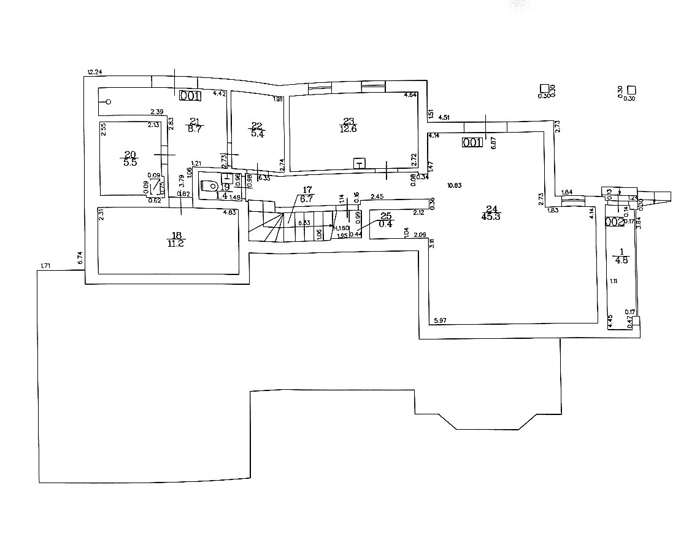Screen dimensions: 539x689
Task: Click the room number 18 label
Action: (x=177, y=235)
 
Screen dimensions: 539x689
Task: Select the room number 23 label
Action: (x=348, y=121)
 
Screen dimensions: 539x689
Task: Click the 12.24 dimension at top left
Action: (x=94, y=72)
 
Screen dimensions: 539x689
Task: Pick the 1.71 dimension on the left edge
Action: (x=45, y=266)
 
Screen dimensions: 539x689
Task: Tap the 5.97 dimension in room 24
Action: (x=440, y=320)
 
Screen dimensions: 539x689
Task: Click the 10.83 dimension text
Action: (x=455, y=185)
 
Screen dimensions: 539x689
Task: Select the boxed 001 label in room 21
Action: (x=190, y=95)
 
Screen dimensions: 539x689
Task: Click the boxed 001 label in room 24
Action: (x=472, y=142)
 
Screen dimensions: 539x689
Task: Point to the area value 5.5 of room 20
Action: (x=130, y=163)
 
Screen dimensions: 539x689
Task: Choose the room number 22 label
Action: (x=256, y=126)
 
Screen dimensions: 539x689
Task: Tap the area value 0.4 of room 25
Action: (x=385, y=223)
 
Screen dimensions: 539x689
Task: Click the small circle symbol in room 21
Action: (x=109, y=102)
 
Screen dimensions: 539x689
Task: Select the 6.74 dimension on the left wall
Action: (x=80, y=258)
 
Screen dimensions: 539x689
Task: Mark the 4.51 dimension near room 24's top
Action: (x=443, y=117)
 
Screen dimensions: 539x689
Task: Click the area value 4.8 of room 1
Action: (x=621, y=260)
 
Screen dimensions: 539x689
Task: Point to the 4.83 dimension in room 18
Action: (x=229, y=212)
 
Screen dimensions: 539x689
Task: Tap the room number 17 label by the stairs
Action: (x=307, y=190)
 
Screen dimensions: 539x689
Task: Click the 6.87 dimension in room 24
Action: (x=493, y=141)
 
